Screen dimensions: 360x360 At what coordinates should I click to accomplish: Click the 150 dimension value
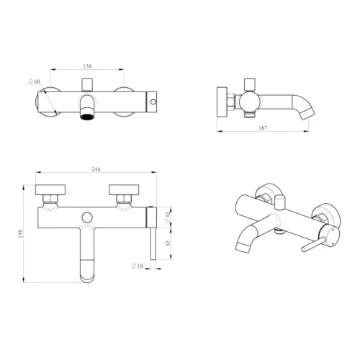pos(87,66)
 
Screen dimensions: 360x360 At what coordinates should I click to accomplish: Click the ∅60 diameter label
pos(34,81)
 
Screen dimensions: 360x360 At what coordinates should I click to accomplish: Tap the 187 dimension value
pos(263,128)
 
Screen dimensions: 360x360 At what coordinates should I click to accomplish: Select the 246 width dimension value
pos(96,169)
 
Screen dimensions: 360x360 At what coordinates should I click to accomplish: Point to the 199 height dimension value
pos(20,234)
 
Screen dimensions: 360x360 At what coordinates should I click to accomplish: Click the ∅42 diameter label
pos(168,217)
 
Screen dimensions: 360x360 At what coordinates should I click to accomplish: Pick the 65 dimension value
pos(168,243)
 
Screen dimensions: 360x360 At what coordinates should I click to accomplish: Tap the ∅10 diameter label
pos(138,266)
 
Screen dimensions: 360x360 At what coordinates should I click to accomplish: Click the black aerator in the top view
pos(87,117)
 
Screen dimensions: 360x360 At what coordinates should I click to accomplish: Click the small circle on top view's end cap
pos(153,102)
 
